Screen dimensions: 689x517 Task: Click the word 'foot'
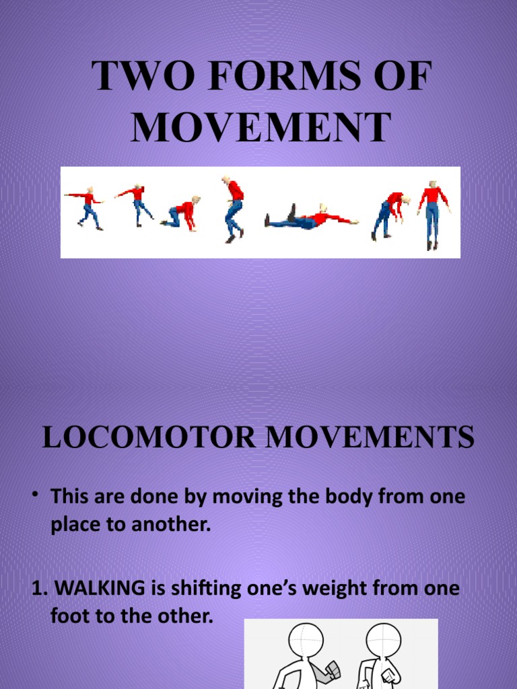67,616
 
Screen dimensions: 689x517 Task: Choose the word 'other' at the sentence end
184,616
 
